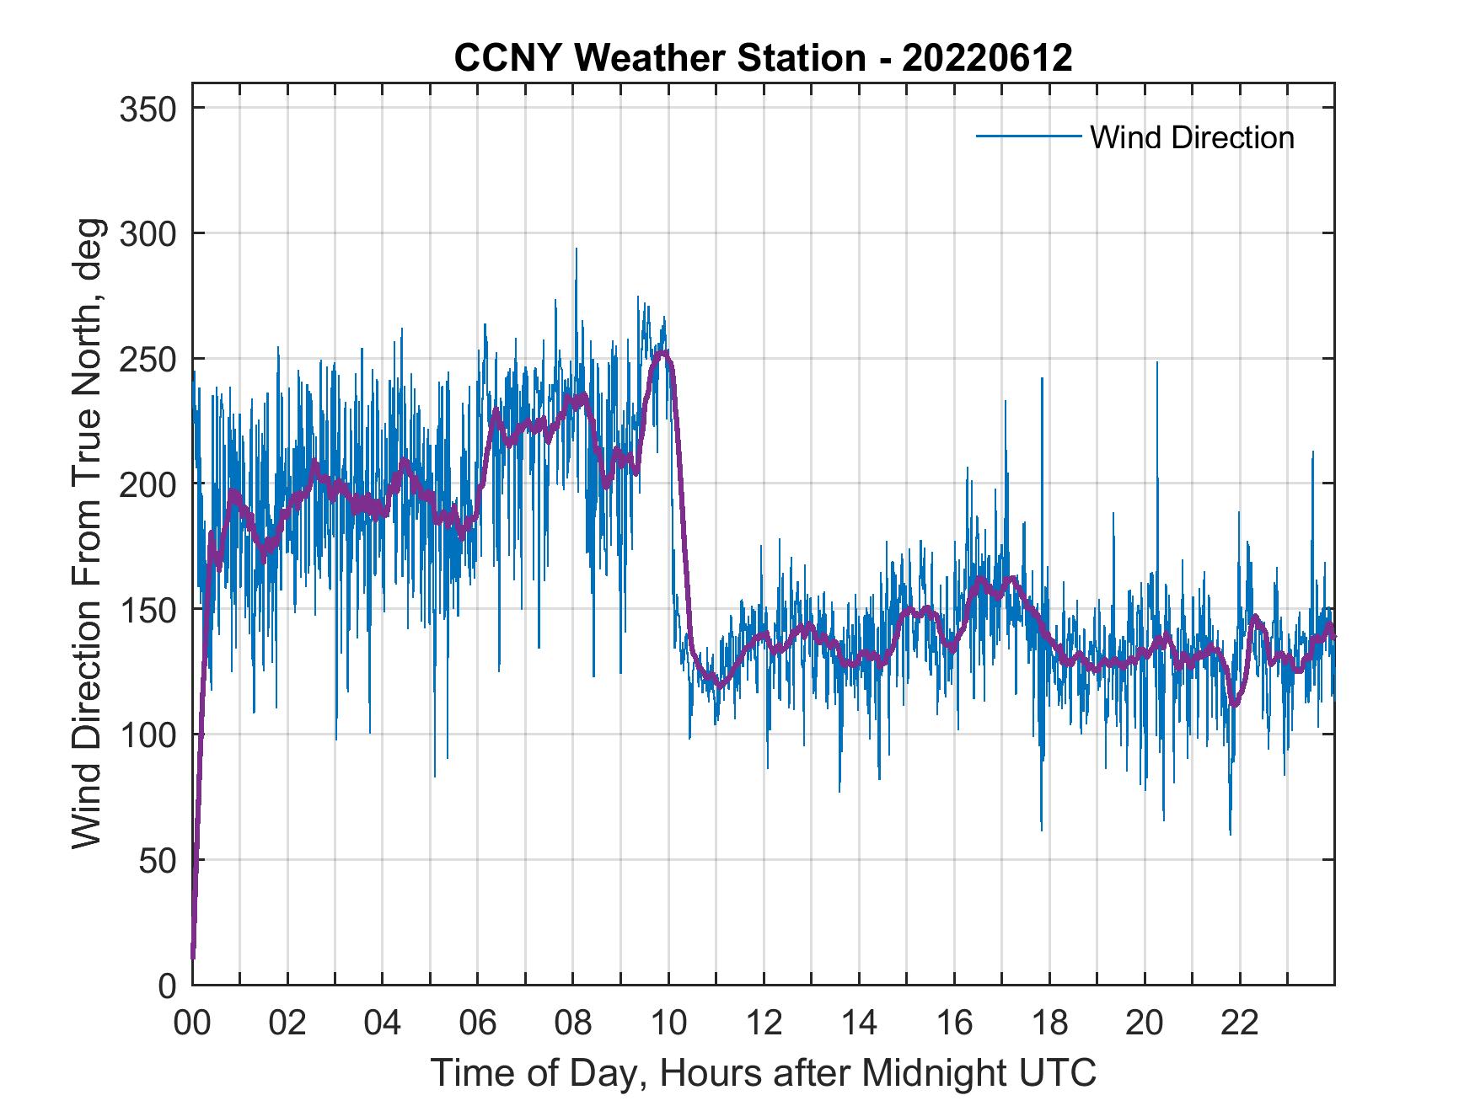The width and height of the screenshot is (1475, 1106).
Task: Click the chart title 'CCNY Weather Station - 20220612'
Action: [x=763, y=58]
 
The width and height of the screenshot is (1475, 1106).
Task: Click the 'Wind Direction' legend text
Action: [x=1192, y=137]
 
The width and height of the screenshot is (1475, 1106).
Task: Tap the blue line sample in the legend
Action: [x=1028, y=136]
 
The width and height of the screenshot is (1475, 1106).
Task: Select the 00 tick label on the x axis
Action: [x=192, y=1023]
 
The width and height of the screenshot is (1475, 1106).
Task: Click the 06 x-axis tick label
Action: [x=478, y=1023]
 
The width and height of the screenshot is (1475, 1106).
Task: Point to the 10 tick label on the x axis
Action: [x=668, y=1023]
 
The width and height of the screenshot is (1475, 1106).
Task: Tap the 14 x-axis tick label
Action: [x=859, y=1023]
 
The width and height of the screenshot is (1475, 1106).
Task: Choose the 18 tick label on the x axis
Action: [x=1049, y=1023]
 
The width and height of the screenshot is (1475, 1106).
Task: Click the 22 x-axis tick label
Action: [x=1240, y=1023]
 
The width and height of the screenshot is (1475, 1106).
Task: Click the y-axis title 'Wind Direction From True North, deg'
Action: [x=87, y=533]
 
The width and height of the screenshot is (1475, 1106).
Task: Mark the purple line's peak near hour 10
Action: [x=664, y=352]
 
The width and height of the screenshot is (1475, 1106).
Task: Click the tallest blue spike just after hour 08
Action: [x=577, y=249]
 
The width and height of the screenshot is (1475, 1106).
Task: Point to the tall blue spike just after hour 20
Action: [x=1157, y=363]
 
